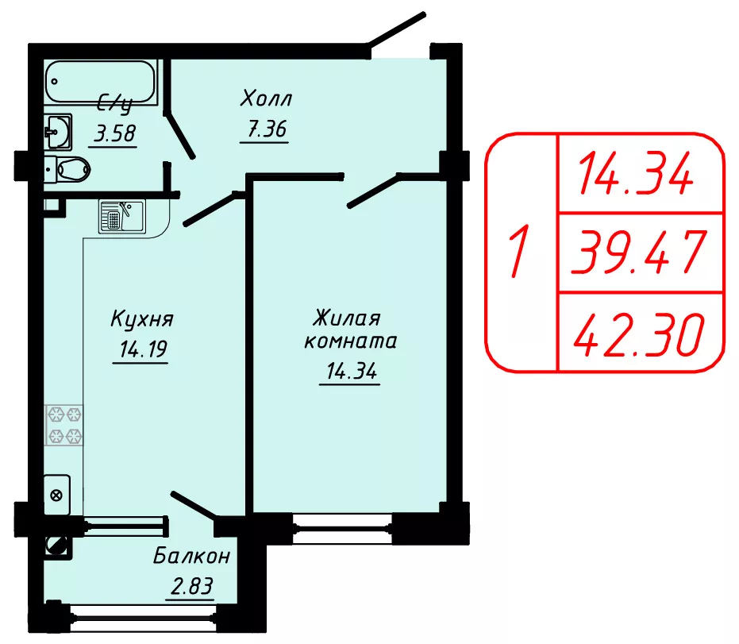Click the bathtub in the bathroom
click(101, 83)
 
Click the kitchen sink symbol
click(122, 216)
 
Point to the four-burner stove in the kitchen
click(64, 425)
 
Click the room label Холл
click(266, 98)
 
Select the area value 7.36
click(267, 129)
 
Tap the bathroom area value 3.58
click(115, 133)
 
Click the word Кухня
click(142, 319)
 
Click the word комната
click(351, 341)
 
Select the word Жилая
click(346, 318)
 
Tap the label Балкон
click(192, 557)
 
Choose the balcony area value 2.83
click(192, 586)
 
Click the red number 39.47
click(640, 253)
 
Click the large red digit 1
click(520, 252)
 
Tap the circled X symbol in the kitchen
click(56, 496)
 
